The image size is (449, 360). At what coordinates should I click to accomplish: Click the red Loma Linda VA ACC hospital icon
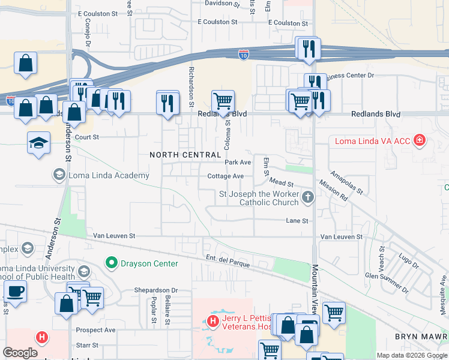coord(419,141)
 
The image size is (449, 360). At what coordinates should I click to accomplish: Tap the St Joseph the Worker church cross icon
coord(308,197)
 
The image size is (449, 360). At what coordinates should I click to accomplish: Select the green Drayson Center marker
coord(110,263)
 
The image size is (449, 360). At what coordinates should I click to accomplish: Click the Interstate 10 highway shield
coord(243,54)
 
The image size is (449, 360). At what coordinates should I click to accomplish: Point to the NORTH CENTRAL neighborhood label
coord(185,155)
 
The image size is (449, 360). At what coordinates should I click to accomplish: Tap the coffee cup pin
coord(15,292)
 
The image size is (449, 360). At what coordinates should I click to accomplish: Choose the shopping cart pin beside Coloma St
coord(223,100)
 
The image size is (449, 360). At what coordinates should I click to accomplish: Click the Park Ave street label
coord(238,163)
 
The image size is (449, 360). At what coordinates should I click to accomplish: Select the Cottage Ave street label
coord(225,176)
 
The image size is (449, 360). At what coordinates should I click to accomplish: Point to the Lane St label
coord(297,221)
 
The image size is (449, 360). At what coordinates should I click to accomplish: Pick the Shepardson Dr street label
coord(156,290)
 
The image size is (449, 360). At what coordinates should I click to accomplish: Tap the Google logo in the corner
coord(20,353)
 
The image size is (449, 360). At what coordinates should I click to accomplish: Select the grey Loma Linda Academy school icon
coord(59,175)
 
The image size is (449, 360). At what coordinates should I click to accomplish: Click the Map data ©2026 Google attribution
coord(412,355)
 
